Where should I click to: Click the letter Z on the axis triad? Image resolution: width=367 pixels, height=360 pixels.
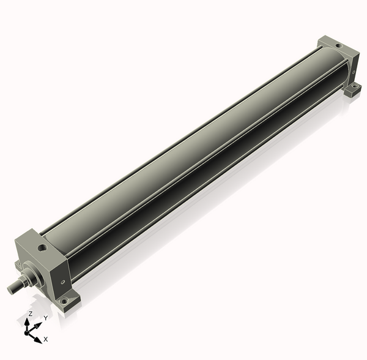pyautogui.click(x=30, y=313)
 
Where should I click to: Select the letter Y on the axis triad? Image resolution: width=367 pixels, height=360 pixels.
pyautogui.click(x=45, y=318)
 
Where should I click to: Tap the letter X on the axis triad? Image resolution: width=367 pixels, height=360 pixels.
pyautogui.click(x=46, y=339)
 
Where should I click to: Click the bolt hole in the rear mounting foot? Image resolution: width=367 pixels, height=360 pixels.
pyautogui.click(x=353, y=90)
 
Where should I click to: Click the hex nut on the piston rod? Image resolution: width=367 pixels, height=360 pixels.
pyautogui.click(x=23, y=281)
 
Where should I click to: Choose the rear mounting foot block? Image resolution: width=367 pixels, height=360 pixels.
pyautogui.click(x=352, y=91)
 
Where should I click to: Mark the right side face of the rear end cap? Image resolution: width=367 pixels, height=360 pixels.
pyautogui.click(x=353, y=67)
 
